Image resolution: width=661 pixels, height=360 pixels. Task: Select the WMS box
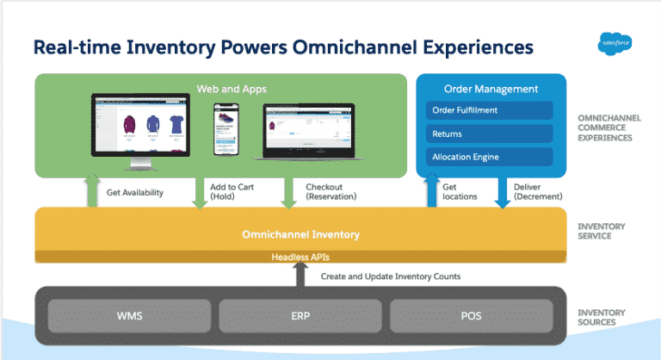124,314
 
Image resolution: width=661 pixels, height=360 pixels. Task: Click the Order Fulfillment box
490,110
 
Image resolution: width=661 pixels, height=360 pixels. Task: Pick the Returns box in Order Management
490,133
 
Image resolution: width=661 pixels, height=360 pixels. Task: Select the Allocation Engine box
490,157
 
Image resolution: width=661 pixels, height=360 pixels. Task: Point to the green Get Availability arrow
91,191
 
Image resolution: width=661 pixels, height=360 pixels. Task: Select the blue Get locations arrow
431,192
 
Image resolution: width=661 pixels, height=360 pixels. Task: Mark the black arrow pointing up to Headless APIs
300,275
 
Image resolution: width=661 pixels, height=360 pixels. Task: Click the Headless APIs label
300,257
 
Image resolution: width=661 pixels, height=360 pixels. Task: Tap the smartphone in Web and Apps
225,129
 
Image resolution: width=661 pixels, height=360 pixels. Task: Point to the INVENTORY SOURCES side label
601,317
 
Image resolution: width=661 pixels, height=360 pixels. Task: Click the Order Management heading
491,89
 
